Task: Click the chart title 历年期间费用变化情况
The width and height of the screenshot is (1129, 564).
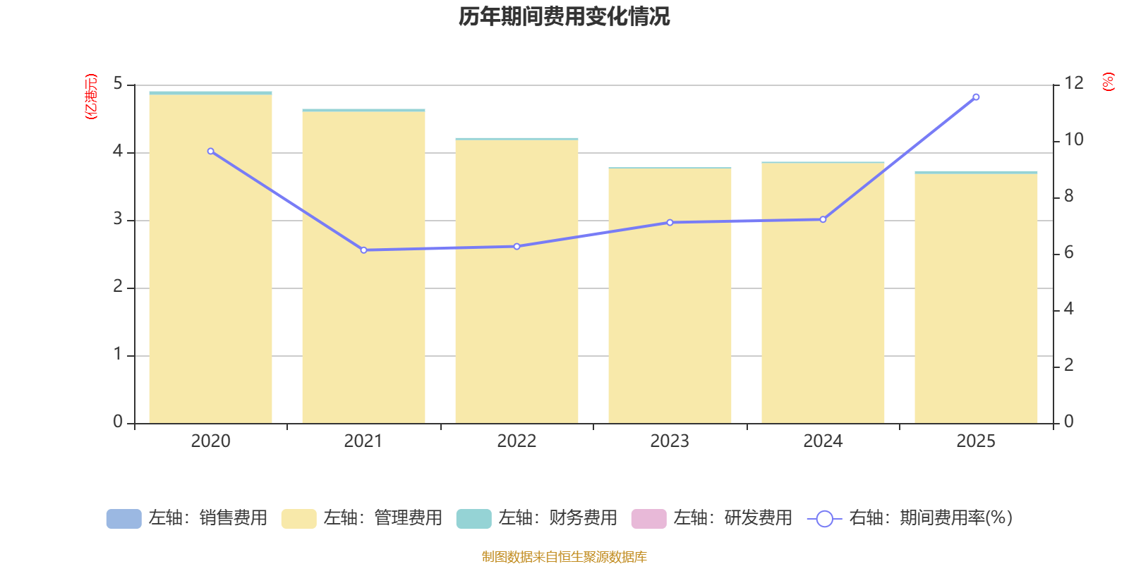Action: [x=564, y=16]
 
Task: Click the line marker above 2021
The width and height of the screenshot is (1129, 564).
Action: [x=363, y=250]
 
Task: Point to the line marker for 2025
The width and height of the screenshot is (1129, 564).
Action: [x=976, y=97]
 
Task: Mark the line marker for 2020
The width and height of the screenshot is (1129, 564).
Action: [x=210, y=152]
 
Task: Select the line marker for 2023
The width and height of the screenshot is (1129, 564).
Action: [x=670, y=223]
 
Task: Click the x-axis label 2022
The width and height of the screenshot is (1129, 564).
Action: [x=517, y=441]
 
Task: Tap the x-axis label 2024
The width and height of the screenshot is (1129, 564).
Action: [x=823, y=441]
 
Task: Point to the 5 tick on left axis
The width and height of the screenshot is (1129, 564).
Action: [x=118, y=85]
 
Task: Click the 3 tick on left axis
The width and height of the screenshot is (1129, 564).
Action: [x=118, y=220]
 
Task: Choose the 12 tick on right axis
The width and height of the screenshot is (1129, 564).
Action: [x=1073, y=84]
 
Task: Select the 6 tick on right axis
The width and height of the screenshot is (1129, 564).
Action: [x=1068, y=253]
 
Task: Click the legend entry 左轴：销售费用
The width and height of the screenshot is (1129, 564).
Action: [x=188, y=518]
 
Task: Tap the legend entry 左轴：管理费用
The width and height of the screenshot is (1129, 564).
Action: [x=363, y=518]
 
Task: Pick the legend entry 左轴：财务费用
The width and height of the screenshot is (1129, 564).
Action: [x=538, y=518]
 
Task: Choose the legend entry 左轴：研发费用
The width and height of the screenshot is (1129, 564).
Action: [x=713, y=518]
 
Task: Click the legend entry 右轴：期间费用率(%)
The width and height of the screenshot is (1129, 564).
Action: [x=910, y=518]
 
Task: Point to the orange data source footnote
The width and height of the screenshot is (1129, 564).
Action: [x=564, y=557]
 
